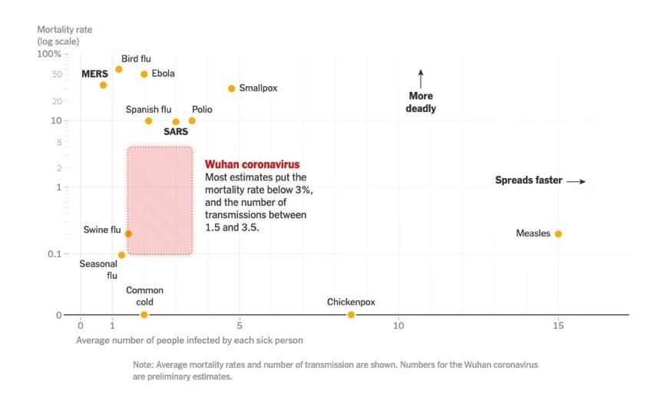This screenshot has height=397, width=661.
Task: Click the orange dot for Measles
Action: click(x=558, y=233)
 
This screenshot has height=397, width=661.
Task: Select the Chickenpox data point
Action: click(x=351, y=315)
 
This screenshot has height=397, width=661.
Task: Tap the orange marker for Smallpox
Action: click(x=231, y=88)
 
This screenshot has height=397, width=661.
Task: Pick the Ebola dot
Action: click(x=144, y=74)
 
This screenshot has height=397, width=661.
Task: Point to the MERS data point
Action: click(x=103, y=84)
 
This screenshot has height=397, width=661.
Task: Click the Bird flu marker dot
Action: click(x=118, y=69)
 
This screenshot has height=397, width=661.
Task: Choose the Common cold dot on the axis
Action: click(x=144, y=315)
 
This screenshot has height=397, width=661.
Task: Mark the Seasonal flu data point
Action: click(x=121, y=255)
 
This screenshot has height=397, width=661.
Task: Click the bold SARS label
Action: click(x=176, y=131)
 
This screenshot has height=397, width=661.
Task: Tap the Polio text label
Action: click(x=202, y=110)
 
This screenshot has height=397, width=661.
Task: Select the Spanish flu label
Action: click(x=148, y=110)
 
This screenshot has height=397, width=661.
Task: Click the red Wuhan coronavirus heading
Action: click(x=252, y=164)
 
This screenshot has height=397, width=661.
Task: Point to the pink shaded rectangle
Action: click(x=160, y=200)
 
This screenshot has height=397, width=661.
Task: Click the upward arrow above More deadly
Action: click(x=421, y=78)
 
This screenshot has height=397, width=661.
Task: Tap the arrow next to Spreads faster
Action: click(x=576, y=181)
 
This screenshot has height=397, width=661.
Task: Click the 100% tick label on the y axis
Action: click(x=49, y=54)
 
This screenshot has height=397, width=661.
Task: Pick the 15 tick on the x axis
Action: click(x=558, y=326)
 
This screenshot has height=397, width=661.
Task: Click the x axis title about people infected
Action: click(x=189, y=339)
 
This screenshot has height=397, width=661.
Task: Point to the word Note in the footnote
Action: click(x=144, y=365)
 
